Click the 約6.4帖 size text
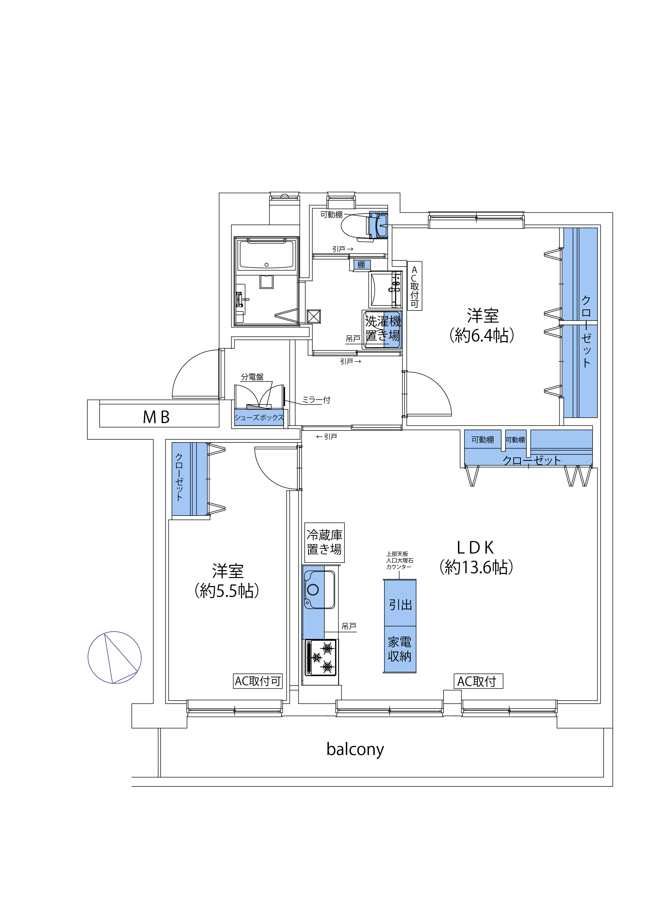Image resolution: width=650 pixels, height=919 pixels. [x=482, y=335]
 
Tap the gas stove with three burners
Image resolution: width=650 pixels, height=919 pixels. [x=321, y=658]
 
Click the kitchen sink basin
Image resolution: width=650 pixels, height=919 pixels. [x=319, y=590]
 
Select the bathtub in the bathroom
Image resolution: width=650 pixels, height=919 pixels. [x=266, y=255]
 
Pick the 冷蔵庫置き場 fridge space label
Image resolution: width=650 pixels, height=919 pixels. [x=324, y=542]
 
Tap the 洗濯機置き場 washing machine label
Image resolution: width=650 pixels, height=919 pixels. [x=383, y=328]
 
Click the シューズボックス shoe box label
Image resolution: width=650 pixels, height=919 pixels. [x=259, y=418]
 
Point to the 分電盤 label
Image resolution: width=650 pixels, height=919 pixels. [x=252, y=377]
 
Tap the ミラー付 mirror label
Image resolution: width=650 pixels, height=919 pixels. [x=316, y=400]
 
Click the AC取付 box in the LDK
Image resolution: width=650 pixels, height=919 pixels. [x=478, y=681]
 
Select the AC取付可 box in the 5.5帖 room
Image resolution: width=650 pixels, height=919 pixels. [x=258, y=681]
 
